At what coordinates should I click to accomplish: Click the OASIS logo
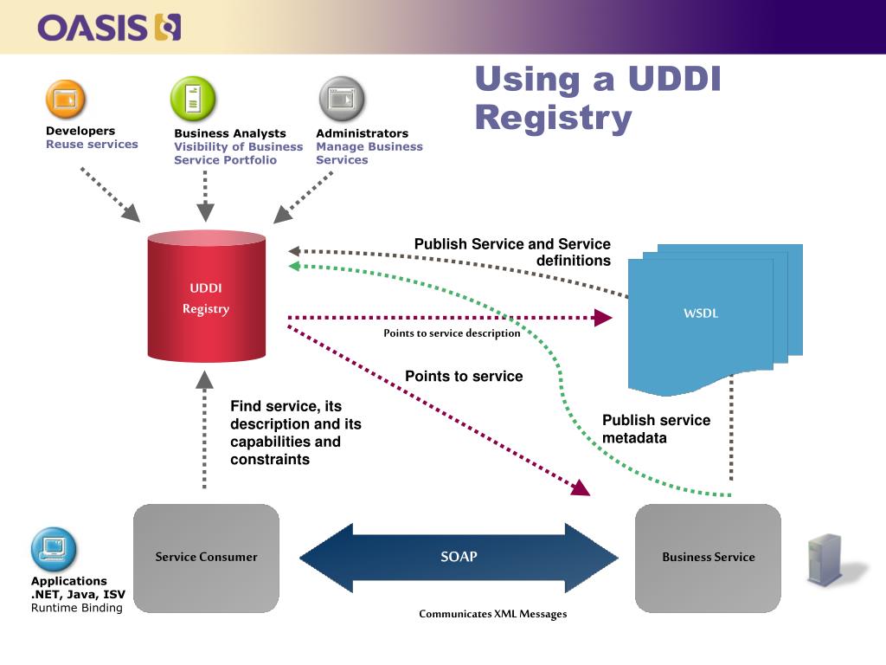(x=109, y=28)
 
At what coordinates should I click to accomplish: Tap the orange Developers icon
(x=66, y=100)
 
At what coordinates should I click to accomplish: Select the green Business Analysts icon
(x=193, y=99)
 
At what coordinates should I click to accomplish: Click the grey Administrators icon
(x=342, y=99)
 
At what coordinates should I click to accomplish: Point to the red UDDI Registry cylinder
(x=206, y=296)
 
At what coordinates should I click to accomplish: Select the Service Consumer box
(x=206, y=558)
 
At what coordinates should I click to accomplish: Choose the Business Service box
(x=708, y=558)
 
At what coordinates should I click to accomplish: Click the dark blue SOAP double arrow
(x=459, y=558)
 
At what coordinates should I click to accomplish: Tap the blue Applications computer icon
(x=54, y=550)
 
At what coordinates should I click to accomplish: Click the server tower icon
(x=826, y=559)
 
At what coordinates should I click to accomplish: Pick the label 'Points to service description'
(x=452, y=333)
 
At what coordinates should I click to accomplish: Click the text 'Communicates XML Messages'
(x=492, y=614)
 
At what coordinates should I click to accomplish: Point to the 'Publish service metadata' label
(x=656, y=429)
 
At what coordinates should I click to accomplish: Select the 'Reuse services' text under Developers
(x=92, y=145)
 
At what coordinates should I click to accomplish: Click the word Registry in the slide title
(x=553, y=118)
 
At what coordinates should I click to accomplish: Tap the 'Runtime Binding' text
(x=77, y=608)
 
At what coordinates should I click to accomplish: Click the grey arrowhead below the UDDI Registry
(x=204, y=380)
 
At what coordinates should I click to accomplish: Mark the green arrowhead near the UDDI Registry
(x=294, y=266)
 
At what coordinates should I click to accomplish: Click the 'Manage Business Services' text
(x=369, y=153)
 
